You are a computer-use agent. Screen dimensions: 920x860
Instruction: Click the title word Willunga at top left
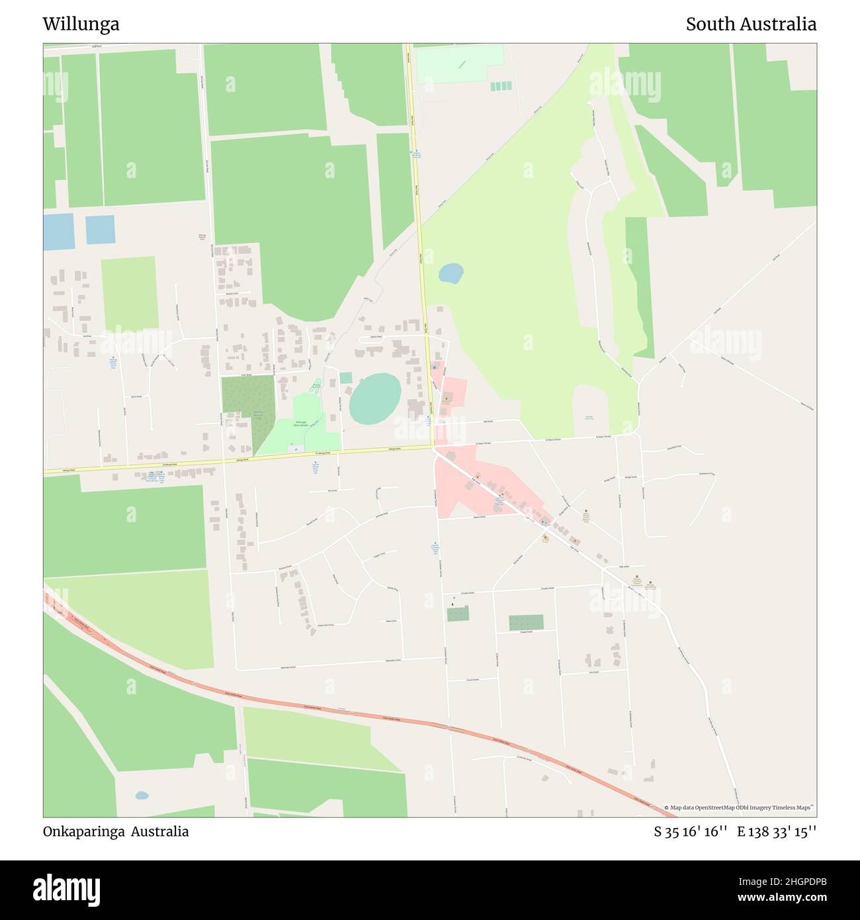pos(81,24)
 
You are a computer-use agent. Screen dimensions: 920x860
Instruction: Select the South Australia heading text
pos(751,24)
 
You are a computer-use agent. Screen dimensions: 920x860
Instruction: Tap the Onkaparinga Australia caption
pos(116,831)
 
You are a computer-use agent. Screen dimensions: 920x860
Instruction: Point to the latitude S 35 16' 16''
pos(691,832)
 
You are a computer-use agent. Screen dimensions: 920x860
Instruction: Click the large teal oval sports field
pos(375,398)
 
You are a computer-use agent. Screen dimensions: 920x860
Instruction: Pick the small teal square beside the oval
pos(346,378)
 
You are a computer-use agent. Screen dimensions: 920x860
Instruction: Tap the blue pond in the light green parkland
pos(451,273)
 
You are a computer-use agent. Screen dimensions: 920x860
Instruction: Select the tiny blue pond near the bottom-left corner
pos(142,796)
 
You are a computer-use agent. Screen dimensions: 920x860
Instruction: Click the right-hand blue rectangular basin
pos(100,230)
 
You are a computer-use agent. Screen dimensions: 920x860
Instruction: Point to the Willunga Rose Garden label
pos(301,424)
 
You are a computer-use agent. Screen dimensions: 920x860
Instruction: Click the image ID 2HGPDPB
pos(791,881)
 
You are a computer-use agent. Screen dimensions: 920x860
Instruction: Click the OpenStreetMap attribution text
pos(740,807)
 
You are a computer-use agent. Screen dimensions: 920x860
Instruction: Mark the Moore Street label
pos(478,517)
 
